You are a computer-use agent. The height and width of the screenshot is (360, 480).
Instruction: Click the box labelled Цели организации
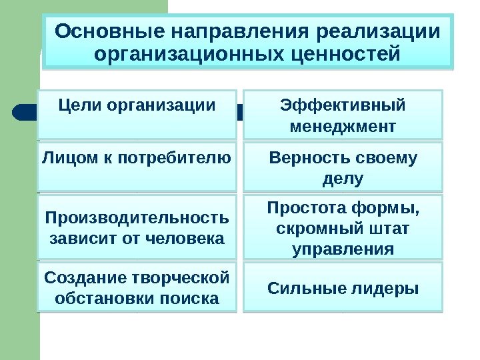[x=137, y=113]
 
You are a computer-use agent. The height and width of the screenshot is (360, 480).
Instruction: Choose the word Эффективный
[x=343, y=105]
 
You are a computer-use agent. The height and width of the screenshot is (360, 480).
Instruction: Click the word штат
[x=389, y=229]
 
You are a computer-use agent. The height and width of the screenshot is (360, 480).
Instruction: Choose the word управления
[x=343, y=249]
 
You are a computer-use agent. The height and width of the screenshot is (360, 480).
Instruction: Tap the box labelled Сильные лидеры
[x=343, y=288]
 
